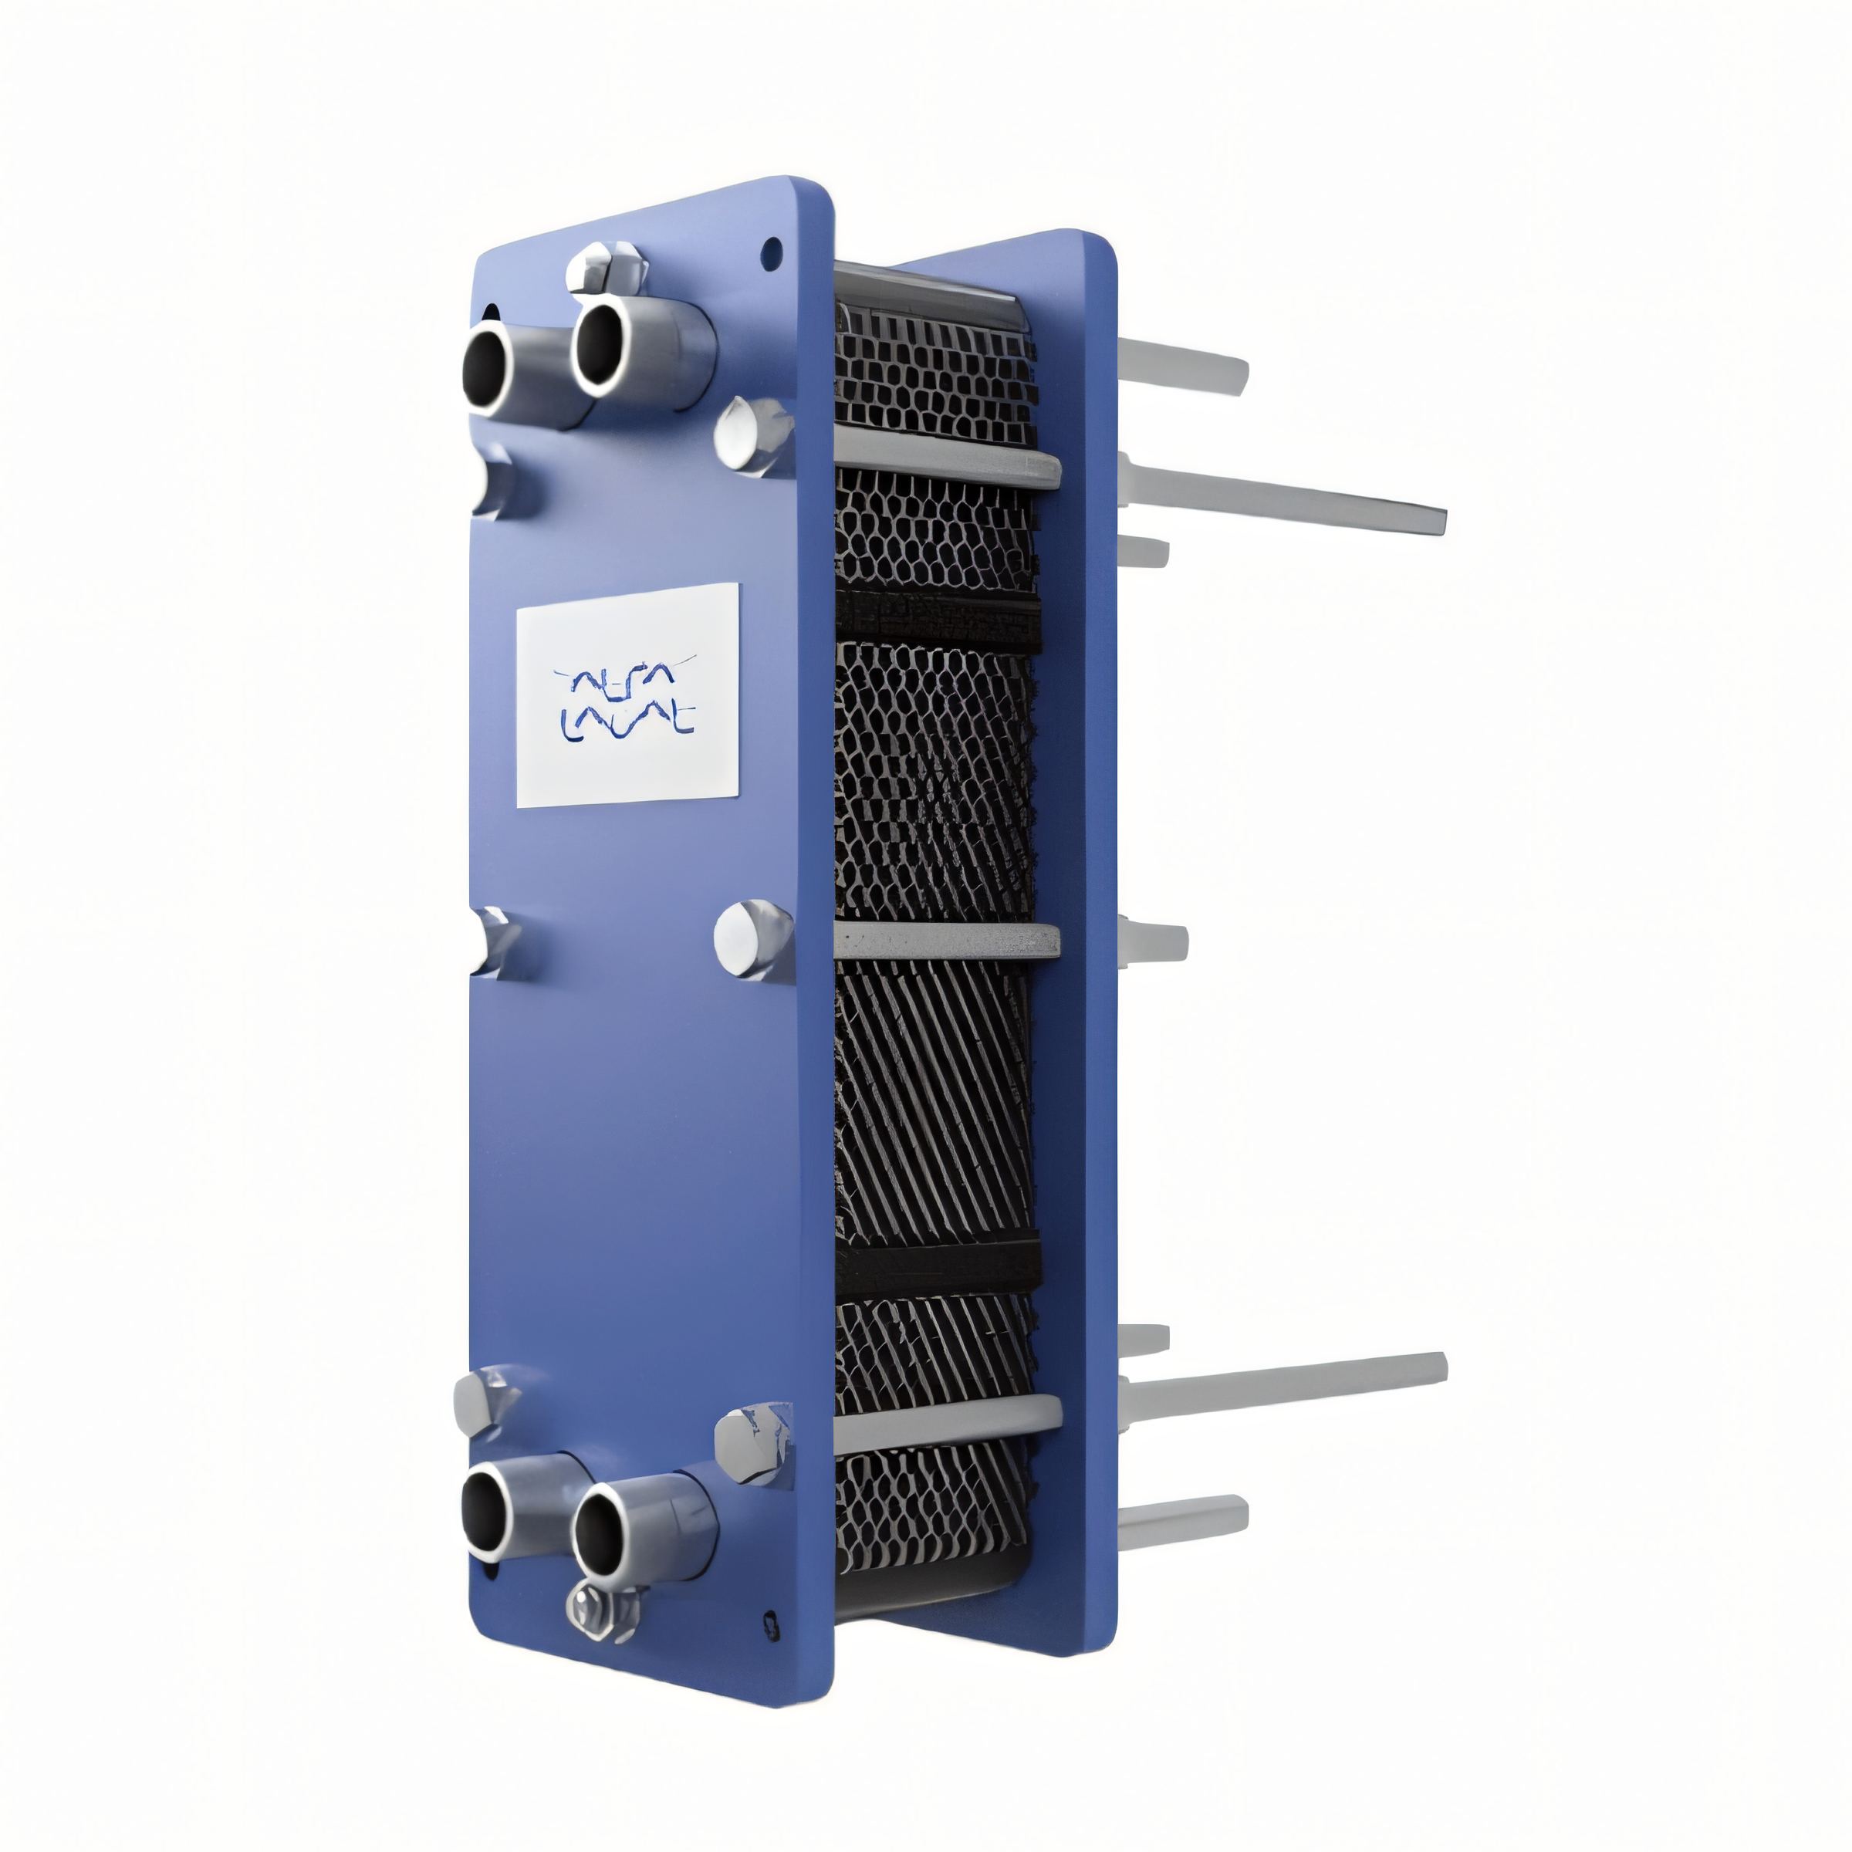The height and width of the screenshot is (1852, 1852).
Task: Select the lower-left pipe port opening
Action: click(x=486, y=1512)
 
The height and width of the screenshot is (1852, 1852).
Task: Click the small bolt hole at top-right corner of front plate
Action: click(x=770, y=254)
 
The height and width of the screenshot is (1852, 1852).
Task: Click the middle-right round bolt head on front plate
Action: click(x=751, y=938)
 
